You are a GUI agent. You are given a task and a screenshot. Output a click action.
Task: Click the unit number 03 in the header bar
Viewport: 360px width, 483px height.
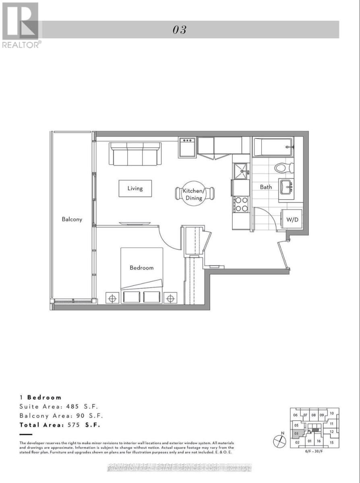[x=180, y=30]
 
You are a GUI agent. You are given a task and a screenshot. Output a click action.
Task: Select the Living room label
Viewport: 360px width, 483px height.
[x=135, y=188]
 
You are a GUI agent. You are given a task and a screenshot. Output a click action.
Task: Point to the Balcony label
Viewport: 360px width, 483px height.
[x=72, y=219]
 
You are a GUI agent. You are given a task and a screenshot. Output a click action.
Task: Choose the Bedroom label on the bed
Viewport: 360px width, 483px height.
[x=141, y=268]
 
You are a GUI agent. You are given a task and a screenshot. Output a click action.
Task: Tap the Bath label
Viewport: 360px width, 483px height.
[x=266, y=187]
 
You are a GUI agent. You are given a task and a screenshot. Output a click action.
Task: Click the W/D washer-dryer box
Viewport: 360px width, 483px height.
[x=292, y=220]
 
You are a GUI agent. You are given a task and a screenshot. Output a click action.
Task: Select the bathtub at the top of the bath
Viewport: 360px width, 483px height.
[x=273, y=147]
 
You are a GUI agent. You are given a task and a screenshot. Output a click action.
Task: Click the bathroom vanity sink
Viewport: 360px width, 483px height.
[x=287, y=187]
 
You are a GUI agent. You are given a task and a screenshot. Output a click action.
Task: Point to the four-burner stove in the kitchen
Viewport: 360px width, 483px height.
[x=241, y=204]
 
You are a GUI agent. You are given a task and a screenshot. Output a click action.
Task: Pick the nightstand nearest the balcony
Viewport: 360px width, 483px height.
[x=112, y=298]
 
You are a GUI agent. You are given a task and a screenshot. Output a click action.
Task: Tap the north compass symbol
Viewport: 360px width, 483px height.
[x=279, y=442]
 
